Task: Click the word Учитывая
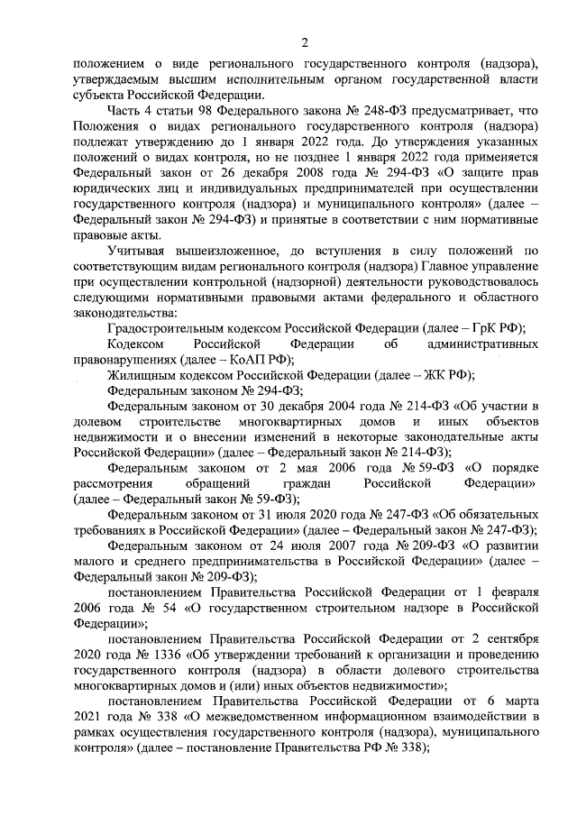pyautogui.click(x=137, y=250)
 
